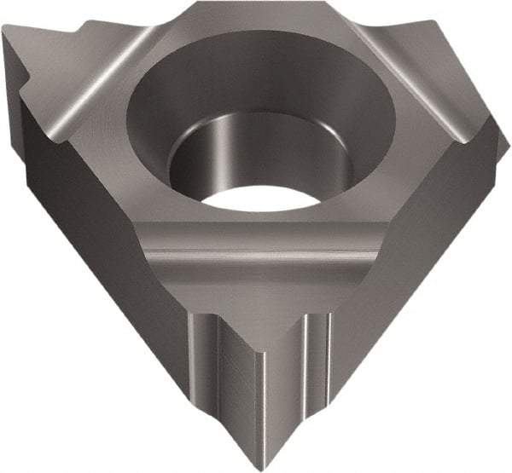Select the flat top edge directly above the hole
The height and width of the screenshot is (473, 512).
coord(256,10)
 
